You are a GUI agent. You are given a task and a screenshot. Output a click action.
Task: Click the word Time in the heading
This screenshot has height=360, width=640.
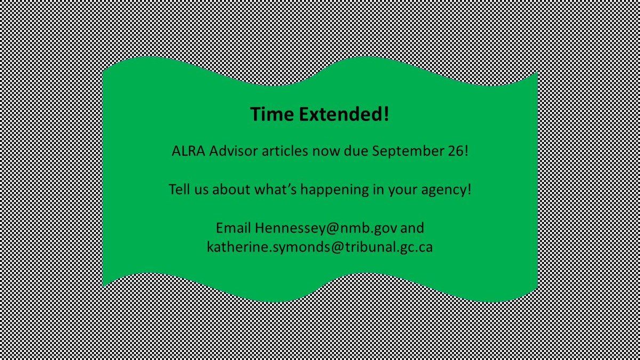click(x=270, y=114)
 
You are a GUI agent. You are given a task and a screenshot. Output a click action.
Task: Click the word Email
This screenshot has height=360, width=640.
click(x=233, y=228)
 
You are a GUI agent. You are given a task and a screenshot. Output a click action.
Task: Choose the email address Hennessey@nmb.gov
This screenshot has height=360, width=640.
click(x=326, y=228)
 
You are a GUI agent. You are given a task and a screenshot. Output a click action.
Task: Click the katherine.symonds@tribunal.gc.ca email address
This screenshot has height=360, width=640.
click(x=319, y=247)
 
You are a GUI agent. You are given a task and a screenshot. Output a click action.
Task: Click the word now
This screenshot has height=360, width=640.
click(x=322, y=151)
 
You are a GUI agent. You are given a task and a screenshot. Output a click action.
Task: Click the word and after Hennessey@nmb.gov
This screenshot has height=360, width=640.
click(x=413, y=228)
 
